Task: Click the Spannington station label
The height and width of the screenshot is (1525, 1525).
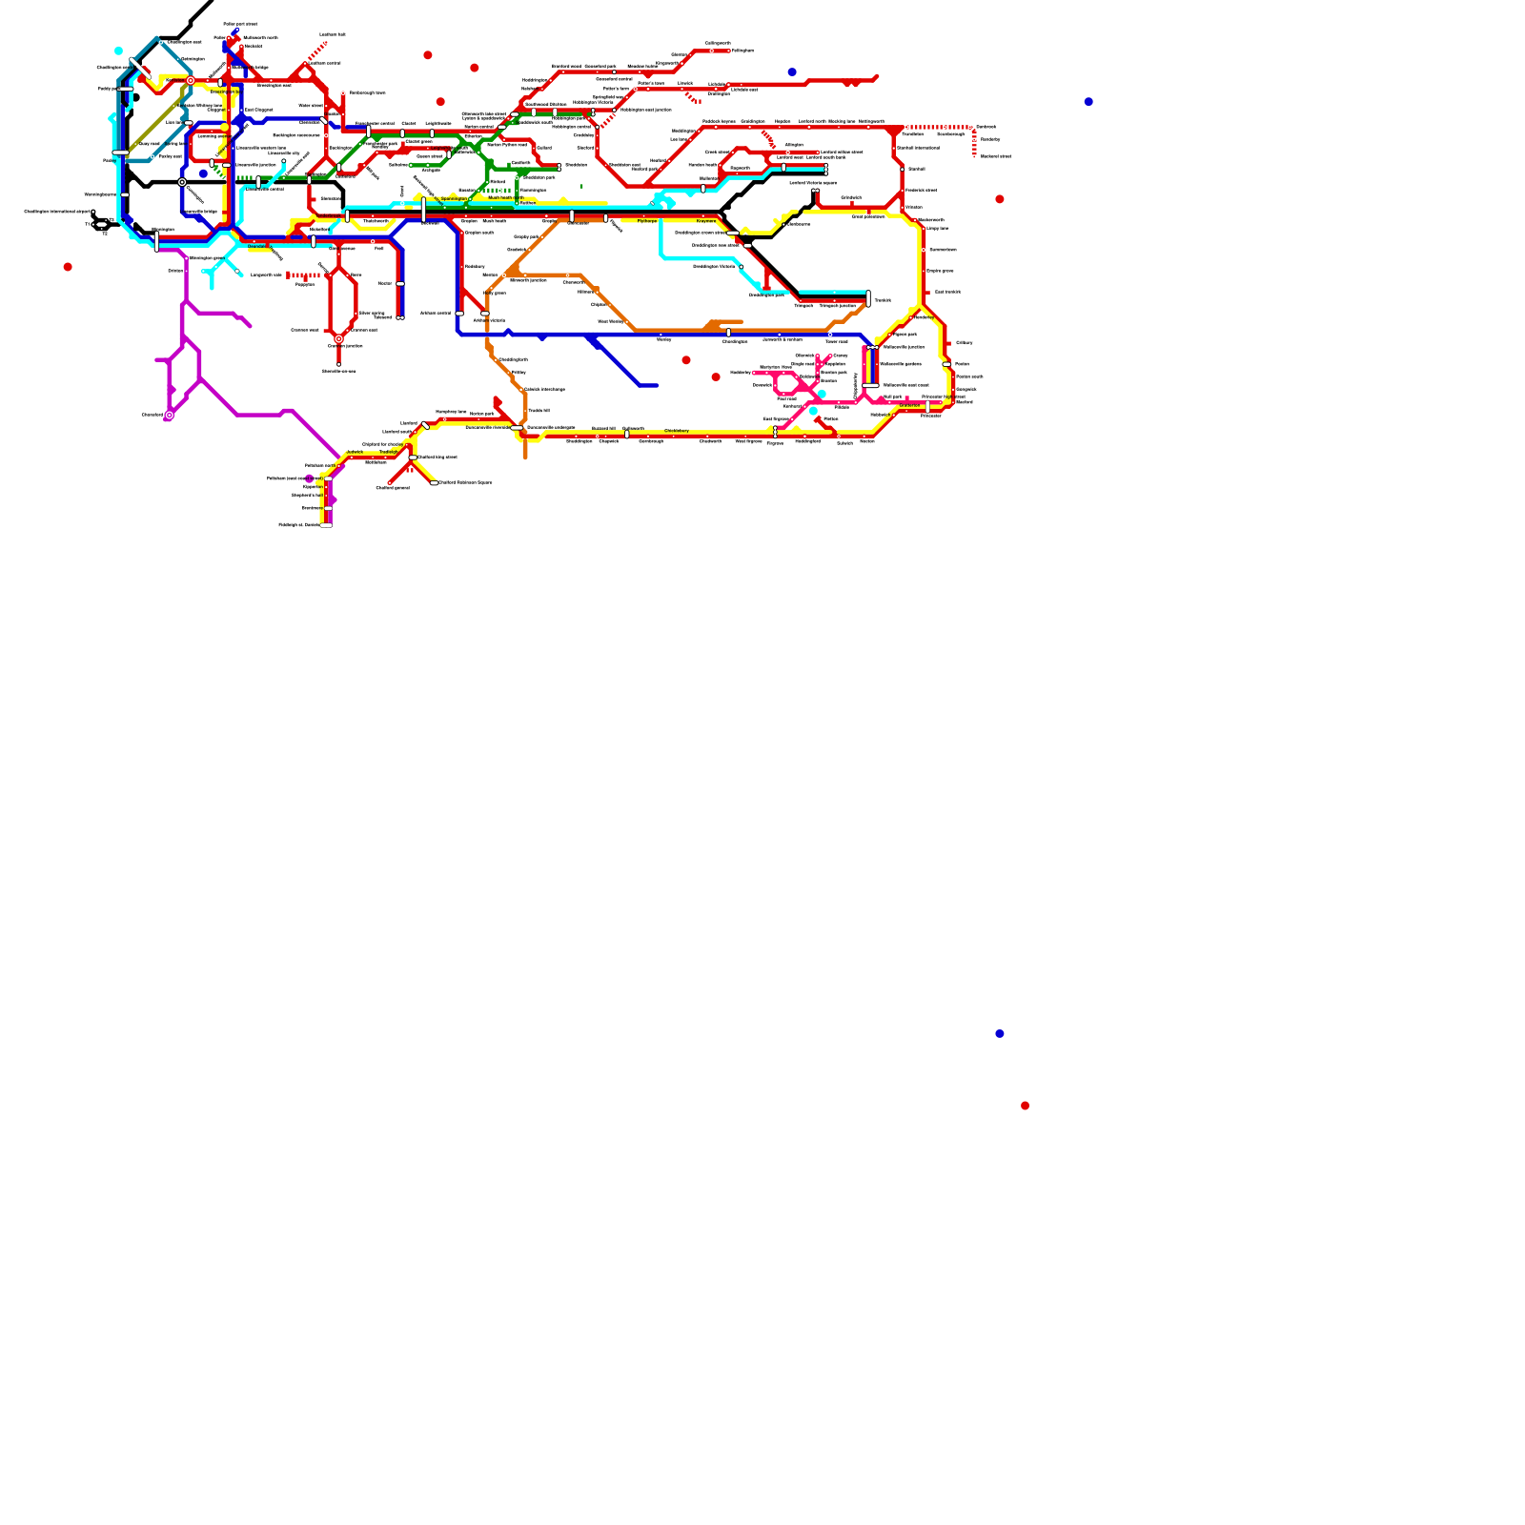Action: click(454, 199)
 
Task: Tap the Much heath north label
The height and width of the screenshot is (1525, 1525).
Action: click(505, 198)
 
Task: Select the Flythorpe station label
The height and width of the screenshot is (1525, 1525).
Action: click(647, 221)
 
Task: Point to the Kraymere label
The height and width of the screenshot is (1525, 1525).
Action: click(705, 221)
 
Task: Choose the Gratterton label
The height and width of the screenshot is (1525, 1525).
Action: click(909, 405)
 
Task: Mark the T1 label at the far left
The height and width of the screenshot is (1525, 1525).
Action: click(89, 225)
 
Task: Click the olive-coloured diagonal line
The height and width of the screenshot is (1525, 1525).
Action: click(157, 119)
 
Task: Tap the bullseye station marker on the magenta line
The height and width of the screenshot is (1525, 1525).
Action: click(170, 416)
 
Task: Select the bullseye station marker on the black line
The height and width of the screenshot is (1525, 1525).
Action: click(182, 182)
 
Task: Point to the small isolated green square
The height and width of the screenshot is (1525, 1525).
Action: click(581, 186)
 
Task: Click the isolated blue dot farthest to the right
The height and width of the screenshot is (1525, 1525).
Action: click(1088, 102)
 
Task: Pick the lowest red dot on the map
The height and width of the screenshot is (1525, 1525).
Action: click(1025, 1106)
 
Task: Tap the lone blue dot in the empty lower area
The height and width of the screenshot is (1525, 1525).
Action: click(1000, 1034)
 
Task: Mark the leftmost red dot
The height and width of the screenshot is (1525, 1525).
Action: click(68, 267)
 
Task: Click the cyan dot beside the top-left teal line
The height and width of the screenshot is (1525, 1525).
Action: click(118, 51)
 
